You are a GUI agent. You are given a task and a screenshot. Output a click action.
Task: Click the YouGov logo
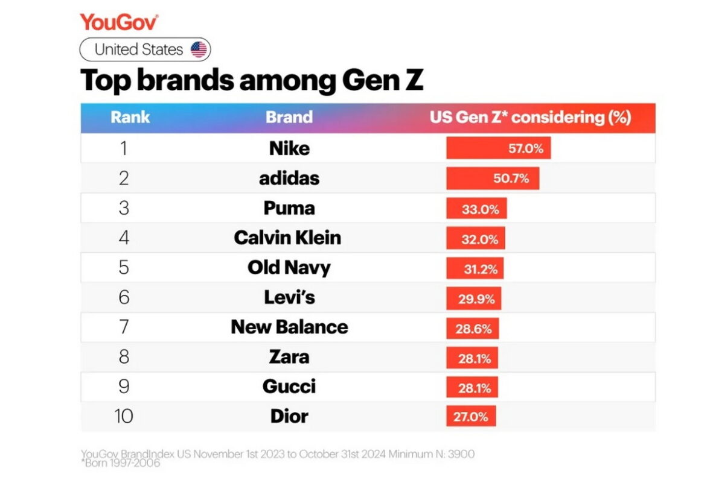tap(119, 22)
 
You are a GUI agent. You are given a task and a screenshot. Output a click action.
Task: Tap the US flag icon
tap(199, 49)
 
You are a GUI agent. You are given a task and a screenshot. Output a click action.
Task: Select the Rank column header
tap(130, 117)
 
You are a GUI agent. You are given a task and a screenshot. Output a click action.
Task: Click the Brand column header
tap(289, 117)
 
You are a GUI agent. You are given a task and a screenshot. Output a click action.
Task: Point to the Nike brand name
tap(289, 148)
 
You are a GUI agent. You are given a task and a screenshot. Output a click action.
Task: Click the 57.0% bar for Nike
tap(498, 148)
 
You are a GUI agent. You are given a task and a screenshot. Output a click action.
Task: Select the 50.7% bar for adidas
tap(493, 178)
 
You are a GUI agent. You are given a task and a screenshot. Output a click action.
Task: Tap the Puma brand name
tap(289, 209)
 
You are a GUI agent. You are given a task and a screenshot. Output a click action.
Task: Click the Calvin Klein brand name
tap(287, 238)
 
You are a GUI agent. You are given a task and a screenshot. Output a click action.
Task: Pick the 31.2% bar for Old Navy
tap(475, 268)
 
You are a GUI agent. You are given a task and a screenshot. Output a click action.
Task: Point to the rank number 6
tap(124, 298)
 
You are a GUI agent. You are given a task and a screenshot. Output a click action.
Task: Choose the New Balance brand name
tap(289, 327)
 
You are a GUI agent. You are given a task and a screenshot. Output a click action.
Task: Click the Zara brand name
tap(289, 357)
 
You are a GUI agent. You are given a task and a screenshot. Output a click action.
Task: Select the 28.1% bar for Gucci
tap(472, 387)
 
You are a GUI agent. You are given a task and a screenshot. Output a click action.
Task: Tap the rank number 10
tap(124, 417)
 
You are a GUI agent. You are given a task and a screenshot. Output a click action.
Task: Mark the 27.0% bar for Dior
tap(471, 417)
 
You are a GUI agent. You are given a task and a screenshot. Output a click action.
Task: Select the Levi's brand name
tap(289, 298)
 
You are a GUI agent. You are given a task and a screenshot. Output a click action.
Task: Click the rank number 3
tap(124, 209)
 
